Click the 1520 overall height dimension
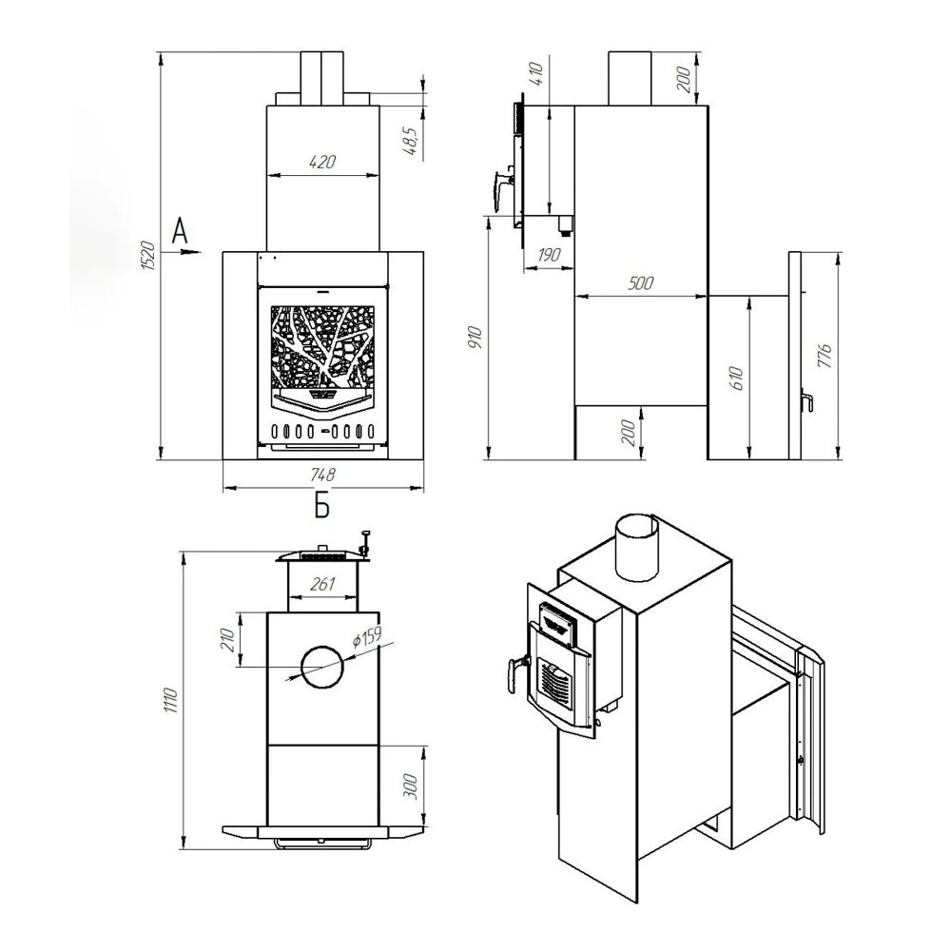pyautogui.click(x=149, y=255)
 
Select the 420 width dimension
pyautogui.click(x=322, y=162)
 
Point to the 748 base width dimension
pyautogui.click(x=322, y=475)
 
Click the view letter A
pyautogui.click(x=180, y=230)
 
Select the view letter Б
pyautogui.click(x=322, y=505)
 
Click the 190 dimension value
pyautogui.click(x=550, y=255)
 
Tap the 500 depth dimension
pyautogui.click(x=641, y=283)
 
